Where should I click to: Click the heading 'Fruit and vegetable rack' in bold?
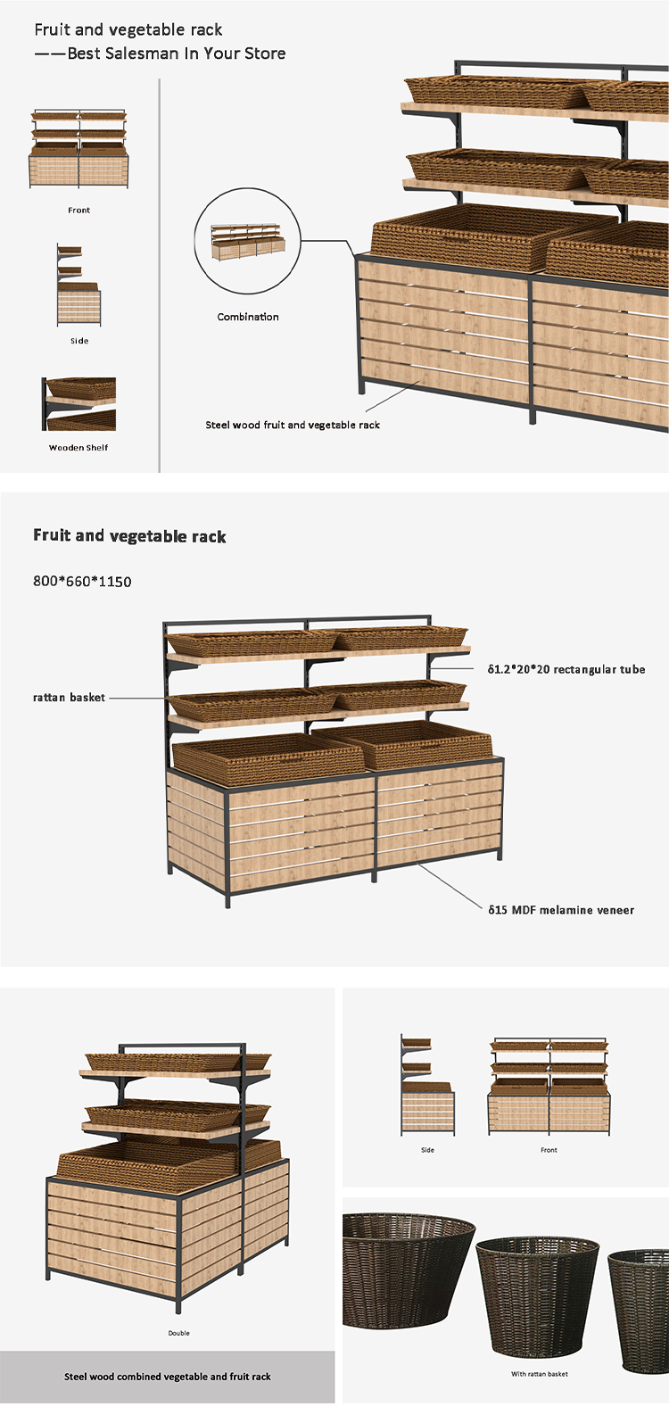129,536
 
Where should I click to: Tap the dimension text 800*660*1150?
82,582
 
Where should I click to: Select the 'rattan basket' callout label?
69,698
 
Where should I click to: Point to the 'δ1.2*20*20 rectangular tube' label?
566,669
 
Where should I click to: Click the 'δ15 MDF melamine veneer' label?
561,910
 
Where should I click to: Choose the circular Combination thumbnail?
248,242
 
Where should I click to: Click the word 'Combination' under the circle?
248,317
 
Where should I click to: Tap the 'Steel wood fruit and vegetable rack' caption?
293,426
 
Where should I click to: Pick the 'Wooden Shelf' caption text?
78,448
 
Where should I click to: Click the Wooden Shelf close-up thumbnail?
78,404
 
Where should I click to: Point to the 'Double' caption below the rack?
178,1333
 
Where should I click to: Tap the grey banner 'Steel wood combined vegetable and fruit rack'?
168,1377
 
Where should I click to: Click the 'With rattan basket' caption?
540,1374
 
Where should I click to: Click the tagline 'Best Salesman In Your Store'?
177,54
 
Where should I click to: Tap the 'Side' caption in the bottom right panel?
427,1150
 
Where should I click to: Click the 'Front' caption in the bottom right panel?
549,1150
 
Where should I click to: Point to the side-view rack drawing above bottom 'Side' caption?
427,1085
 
